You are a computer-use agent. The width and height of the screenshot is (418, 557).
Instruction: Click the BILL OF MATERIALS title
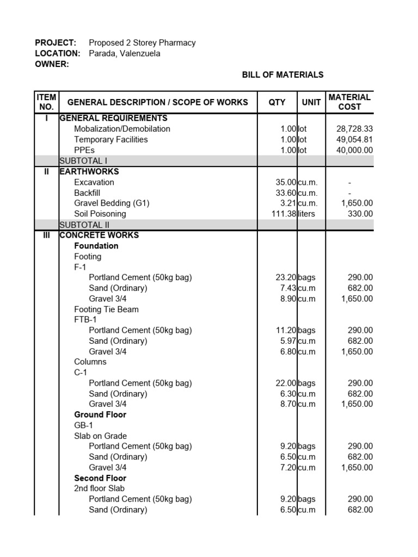(x=282, y=75)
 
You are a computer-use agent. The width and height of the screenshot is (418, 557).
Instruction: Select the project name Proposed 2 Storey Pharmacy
(x=142, y=42)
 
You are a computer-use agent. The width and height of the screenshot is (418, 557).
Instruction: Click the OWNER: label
(x=52, y=64)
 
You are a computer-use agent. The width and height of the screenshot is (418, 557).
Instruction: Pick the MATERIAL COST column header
(x=349, y=102)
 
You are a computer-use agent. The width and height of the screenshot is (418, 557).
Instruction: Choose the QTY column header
(x=277, y=102)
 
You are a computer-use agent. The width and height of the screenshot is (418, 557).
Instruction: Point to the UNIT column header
(x=311, y=102)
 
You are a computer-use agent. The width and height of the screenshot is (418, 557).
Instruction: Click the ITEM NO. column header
(x=46, y=102)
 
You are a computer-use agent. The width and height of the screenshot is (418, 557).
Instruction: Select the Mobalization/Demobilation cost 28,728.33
(x=354, y=129)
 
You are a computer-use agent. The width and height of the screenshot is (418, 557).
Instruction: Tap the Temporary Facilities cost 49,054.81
(x=354, y=139)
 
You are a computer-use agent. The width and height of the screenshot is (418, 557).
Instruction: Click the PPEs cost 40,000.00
(x=354, y=150)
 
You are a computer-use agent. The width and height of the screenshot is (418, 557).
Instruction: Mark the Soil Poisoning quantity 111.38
(x=284, y=214)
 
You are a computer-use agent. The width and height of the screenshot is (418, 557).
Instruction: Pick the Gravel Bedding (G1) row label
(x=112, y=203)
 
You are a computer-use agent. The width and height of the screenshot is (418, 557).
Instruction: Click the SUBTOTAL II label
(x=84, y=225)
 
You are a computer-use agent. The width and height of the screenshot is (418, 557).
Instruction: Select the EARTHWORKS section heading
(x=89, y=171)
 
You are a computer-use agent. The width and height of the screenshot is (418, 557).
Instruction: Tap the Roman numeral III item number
(x=46, y=235)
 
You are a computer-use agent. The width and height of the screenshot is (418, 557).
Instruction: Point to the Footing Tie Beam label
(x=106, y=310)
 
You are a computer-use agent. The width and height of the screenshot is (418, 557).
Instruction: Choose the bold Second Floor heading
(x=100, y=478)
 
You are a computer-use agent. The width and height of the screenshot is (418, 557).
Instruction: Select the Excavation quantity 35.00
(x=286, y=182)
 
